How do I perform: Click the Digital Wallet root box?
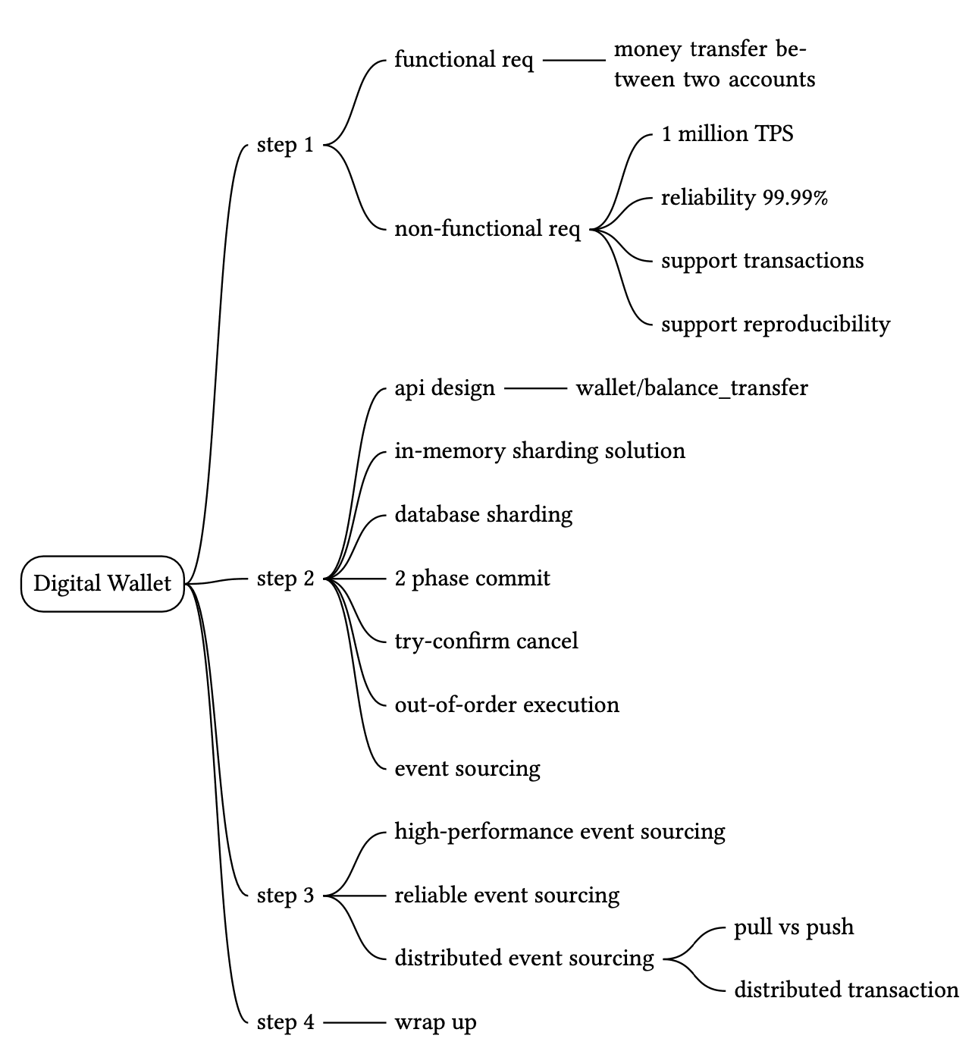point(102,583)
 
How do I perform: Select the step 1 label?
point(285,144)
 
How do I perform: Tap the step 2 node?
point(285,579)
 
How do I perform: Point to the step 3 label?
point(285,896)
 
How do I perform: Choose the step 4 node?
point(285,1022)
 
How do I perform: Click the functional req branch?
point(464,60)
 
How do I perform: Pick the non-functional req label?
point(488,229)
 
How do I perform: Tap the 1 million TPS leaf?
point(727,134)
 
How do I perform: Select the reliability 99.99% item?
point(744,198)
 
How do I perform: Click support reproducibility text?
point(776,325)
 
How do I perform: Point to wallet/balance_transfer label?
point(691,388)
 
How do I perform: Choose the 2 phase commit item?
point(472,579)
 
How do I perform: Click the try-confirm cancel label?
point(486,642)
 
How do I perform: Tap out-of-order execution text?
point(506,705)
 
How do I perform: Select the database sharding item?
point(483,515)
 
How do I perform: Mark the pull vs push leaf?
point(793,927)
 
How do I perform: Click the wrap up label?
point(435,1022)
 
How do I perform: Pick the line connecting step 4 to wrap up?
point(354,1022)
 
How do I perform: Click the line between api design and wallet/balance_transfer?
point(535,388)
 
